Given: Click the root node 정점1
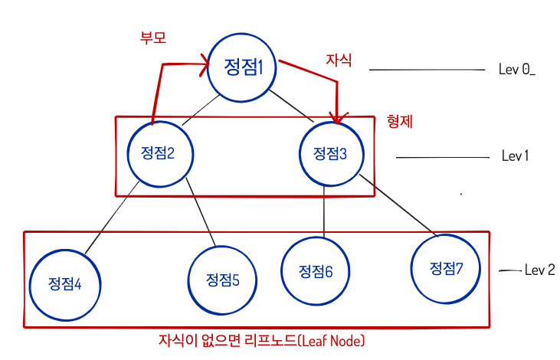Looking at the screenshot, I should click(243, 67).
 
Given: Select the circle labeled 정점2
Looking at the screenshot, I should click(159, 152).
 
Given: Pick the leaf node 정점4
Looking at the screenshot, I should click(65, 283).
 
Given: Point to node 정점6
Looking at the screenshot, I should click(315, 271).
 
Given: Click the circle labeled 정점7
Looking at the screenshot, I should click(445, 267).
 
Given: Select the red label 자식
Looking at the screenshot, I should click(339, 60).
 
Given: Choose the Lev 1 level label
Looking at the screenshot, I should click(516, 156).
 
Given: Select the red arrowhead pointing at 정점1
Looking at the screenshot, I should click(205, 67).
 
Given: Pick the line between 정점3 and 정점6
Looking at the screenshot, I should click(325, 211).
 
